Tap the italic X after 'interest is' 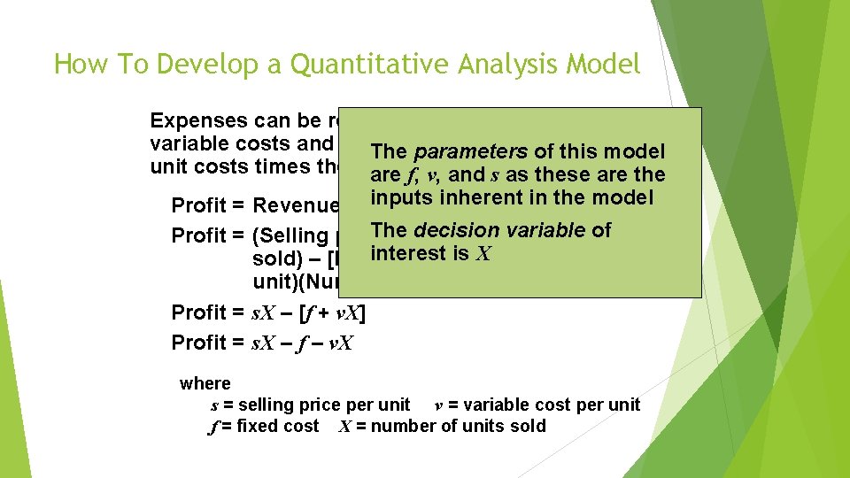click(x=483, y=254)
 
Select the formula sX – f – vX click(x=302, y=343)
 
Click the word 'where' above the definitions click(x=205, y=383)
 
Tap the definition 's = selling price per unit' click(x=310, y=405)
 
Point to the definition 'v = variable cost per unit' click(x=537, y=405)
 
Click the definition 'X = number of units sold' click(x=442, y=426)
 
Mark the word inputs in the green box click(x=399, y=197)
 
